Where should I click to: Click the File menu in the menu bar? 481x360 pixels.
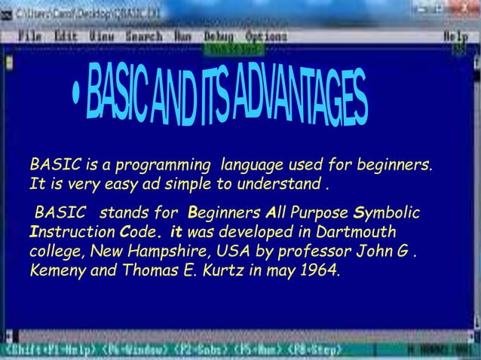tap(30, 35)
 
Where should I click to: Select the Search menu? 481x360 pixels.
tap(143, 35)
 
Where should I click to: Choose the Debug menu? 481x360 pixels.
tap(219, 35)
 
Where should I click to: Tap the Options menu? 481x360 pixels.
tap(265, 35)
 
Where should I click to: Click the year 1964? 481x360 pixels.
tap(317, 270)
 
